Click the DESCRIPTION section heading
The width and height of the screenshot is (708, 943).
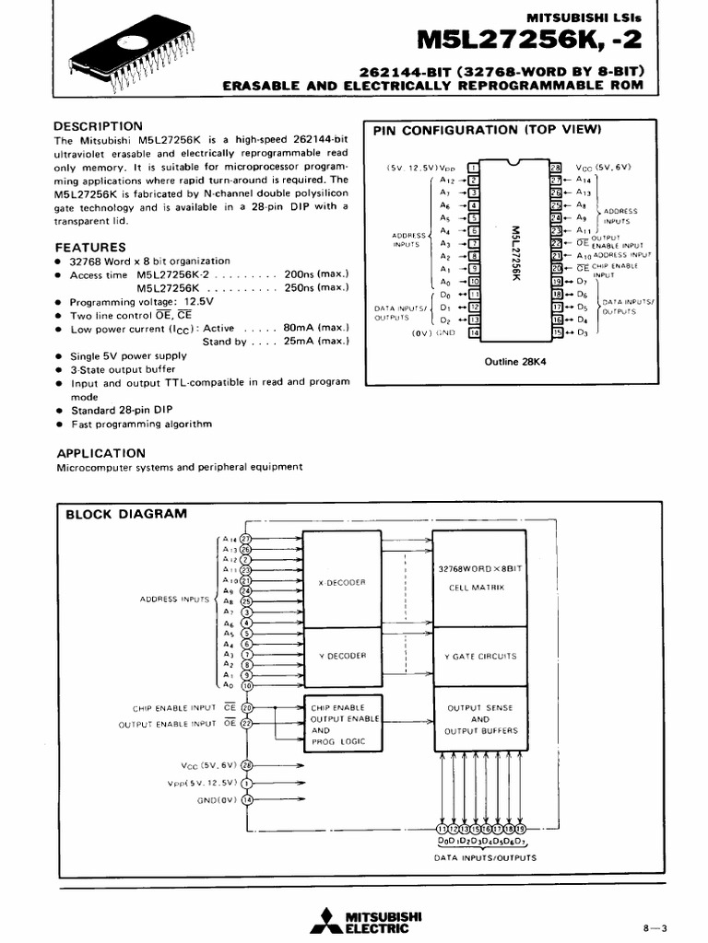98,126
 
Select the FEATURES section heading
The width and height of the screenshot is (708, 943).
90,247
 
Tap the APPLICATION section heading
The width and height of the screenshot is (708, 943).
101,453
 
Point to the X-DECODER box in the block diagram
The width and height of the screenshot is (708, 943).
342,582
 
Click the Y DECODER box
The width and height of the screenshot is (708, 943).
342,656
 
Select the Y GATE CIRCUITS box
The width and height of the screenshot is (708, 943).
480,656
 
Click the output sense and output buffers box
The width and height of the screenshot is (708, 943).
480,719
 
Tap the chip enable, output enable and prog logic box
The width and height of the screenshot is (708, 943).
342,724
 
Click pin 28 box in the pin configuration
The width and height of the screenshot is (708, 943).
556,168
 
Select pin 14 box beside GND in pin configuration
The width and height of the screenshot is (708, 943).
474,333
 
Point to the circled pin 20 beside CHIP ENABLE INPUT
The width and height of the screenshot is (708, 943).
247,708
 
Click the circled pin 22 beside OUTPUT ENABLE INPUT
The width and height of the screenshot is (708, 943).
247,724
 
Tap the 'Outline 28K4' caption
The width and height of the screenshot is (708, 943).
515,362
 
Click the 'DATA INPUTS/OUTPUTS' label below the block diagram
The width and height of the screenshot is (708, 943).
484,857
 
